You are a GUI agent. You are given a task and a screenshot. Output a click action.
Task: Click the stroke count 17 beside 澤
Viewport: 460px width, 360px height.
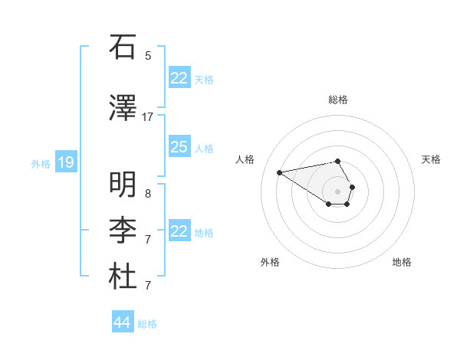(x=148, y=117)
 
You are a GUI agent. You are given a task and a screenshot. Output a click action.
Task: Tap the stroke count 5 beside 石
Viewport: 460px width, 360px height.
(x=148, y=55)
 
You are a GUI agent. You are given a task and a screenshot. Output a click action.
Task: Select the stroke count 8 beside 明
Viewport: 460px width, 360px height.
(x=148, y=193)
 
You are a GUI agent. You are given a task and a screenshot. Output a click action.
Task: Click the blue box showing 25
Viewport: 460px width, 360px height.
(x=179, y=147)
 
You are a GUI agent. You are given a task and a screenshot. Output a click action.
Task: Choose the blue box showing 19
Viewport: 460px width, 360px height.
(x=65, y=162)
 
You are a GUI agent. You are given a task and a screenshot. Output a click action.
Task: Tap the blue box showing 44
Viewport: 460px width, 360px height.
(x=122, y=322)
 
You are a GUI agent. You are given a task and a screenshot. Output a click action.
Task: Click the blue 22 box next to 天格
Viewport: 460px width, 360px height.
(x=179, y=78)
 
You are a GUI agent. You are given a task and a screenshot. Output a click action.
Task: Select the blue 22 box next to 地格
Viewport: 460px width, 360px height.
(x=179, y=231)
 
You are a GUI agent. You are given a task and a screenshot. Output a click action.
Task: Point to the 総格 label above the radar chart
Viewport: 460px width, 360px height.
(x=337, y=100)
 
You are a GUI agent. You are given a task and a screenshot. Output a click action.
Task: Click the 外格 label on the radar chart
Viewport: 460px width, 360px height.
(x=270, y=262)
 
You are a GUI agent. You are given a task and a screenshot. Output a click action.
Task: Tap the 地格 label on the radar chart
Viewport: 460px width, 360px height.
(x=402, y=262)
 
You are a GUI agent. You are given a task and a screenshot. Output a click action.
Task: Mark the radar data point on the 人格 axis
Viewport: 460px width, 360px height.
(x=279, y=172)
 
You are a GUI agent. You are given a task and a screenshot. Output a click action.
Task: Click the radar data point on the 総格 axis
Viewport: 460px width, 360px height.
(x=337, y=161)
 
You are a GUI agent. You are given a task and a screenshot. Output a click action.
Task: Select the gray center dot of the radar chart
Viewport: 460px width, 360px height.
(x=337, y=191)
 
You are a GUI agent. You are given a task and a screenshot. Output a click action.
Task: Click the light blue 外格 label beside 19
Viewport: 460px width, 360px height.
(x=41, y=163)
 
